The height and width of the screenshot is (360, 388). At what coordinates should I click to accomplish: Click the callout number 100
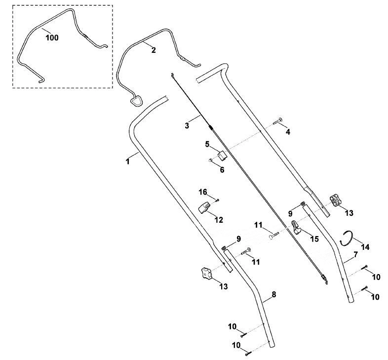[x=52, y=38]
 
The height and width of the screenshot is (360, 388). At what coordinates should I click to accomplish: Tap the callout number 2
[x=154, y=50]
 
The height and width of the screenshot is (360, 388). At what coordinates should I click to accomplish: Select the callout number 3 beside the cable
[x=187, y=125]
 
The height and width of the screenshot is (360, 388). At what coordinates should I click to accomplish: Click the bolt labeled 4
[x=277, y=121]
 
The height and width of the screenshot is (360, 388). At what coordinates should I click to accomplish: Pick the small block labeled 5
[x=222, y=155]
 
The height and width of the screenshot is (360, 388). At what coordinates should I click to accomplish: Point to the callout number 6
[x=222, y=170]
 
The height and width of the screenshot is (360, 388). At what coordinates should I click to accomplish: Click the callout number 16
[x=203, y=192]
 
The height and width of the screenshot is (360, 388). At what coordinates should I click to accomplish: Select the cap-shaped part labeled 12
[x=205, y=207]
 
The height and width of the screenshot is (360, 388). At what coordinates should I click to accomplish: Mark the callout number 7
[x=355, y=254]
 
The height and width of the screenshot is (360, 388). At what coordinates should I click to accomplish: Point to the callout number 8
[x=273, y=294]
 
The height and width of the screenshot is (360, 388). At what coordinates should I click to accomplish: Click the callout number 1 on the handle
[x=128, y=161]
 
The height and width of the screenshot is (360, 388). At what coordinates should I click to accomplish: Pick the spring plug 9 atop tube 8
[x=224, y=247]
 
